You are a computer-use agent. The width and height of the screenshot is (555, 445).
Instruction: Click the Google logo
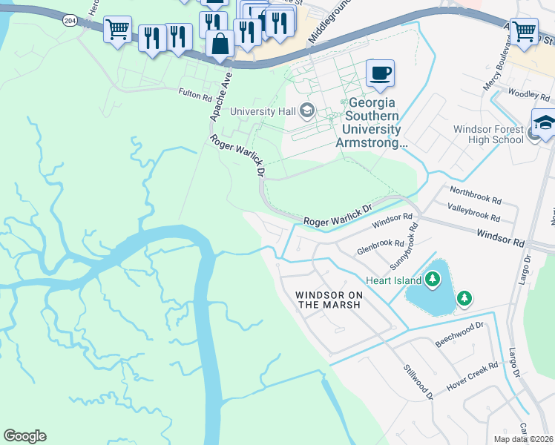(x=24, y=436)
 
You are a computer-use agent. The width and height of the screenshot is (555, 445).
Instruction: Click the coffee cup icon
(x=380, y=73)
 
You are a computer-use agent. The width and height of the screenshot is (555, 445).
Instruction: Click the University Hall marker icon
(x=306, y=112)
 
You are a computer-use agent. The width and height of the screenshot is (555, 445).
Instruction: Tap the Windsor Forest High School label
(x=488, y=134)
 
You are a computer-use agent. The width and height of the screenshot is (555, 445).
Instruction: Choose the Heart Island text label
(x=393, y=280)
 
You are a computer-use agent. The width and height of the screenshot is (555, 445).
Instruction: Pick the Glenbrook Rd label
(x=381, y=243)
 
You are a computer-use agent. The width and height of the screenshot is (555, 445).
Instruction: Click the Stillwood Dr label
(x=418, y=381)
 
